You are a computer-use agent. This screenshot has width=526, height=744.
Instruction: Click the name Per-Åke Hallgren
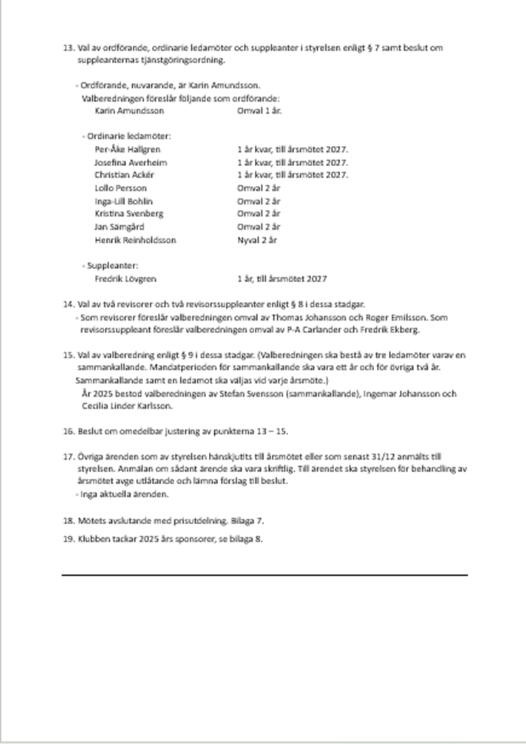click(x=127, y=149)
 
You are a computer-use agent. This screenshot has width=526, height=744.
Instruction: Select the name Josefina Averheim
click(x=130, y=162)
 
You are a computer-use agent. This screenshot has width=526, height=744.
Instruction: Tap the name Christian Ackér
click(x=124, y=175)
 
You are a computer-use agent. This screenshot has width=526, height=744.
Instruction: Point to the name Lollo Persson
click(x=120, y=188)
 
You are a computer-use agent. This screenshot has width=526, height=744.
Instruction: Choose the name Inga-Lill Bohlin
click(x=123, y=201)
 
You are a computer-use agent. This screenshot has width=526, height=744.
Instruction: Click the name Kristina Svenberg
click(x=129, y=214)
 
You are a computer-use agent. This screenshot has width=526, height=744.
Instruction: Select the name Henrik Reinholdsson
click(x=135, y=239)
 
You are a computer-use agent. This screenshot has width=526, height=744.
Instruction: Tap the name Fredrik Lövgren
click(x=125, y=279)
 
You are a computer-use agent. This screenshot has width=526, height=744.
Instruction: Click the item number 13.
click(x=67, y=48)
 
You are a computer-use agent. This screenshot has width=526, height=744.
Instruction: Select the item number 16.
click(x=67, y=431)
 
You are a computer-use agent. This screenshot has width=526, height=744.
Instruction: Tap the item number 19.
click(x=67, y=539)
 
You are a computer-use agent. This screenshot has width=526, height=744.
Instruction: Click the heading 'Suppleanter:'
click(x=113, y=266)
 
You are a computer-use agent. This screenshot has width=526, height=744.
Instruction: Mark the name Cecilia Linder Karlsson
click(x=127, y=406)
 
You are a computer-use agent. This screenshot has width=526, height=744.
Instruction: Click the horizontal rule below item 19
click(x=264, y=574)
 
